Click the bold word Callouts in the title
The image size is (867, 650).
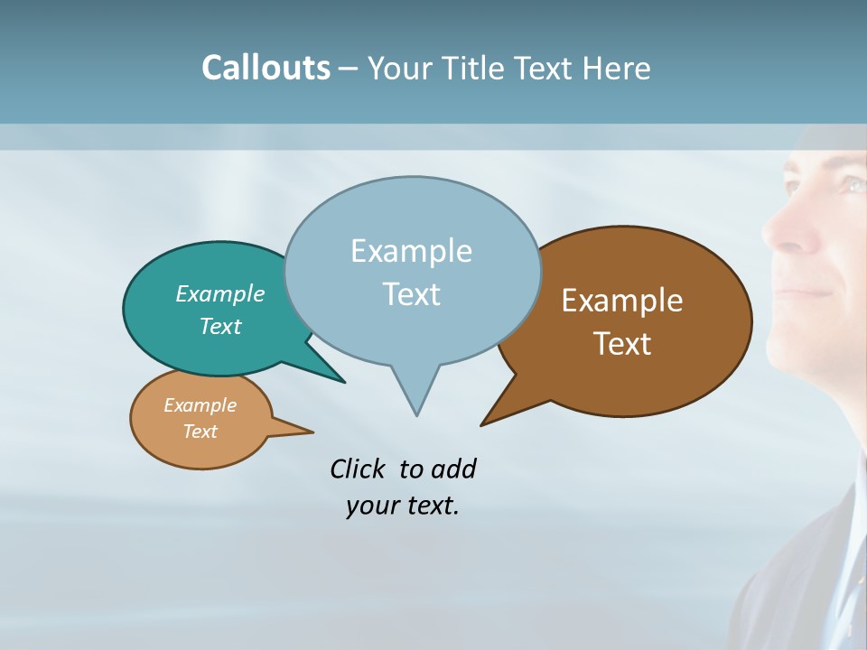266,68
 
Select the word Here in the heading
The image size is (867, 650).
615,68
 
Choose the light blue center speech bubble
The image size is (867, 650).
412,271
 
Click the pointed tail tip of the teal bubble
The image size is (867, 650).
344,382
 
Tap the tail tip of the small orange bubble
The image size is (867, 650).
312,432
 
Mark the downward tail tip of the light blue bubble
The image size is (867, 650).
416,414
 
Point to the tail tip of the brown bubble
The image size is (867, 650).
482,424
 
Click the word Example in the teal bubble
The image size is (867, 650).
219,293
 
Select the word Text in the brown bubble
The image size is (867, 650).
622,344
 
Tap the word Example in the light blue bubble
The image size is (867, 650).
411,251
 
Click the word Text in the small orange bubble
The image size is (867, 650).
200,432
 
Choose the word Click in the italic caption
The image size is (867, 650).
358,469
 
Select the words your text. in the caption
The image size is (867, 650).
402,506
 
